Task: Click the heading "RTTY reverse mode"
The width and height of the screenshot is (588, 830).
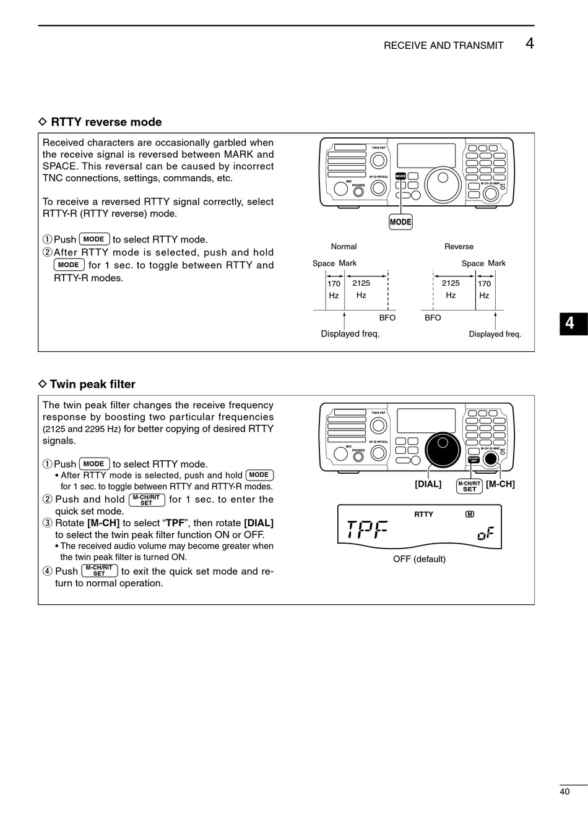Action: point(106,122)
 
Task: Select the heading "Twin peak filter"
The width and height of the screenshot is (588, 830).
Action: point(92,384)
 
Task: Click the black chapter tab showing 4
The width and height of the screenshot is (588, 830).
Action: point(573,323)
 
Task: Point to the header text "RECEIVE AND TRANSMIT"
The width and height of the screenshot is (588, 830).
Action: point(443,45)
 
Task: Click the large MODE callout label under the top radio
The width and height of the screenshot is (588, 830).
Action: point(400,222)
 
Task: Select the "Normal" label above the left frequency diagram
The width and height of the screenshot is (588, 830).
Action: point(344,246)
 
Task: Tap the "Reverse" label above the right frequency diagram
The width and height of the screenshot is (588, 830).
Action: point(459,246)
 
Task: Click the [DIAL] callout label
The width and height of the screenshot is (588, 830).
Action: point(428,484)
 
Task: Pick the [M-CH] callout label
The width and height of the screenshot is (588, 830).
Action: point(500,484)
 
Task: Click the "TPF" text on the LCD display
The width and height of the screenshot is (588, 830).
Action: point(367,529)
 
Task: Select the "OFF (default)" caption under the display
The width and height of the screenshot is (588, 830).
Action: point(419,559)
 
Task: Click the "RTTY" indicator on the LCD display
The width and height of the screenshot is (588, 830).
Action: point(423,514)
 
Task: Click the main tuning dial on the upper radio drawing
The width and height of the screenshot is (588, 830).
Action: point(443,184)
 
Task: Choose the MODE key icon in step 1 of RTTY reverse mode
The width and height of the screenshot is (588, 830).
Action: point(94,239)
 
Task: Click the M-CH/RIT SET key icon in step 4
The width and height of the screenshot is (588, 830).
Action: point(99,571)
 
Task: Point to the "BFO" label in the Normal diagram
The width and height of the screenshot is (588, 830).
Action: point(387,318)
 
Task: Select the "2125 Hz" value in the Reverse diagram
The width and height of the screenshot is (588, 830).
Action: point(451,289)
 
